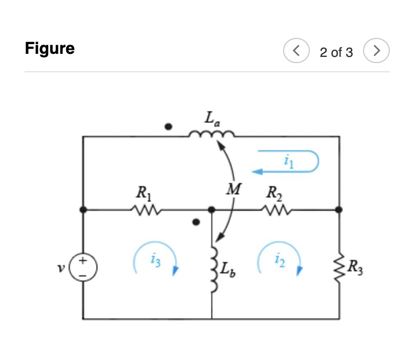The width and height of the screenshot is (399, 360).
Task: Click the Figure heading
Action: point(50,49)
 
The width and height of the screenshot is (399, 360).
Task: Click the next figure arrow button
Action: point(376,51)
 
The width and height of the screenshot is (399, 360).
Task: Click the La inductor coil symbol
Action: point(211,135)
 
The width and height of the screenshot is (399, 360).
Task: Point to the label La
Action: point(211,119)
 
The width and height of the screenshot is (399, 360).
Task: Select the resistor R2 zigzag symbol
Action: point(275,209)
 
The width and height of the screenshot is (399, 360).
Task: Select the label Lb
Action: point(228,269)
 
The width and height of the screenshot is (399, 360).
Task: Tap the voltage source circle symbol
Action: point(83,267)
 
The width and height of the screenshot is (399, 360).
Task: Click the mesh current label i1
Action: point(287,162)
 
